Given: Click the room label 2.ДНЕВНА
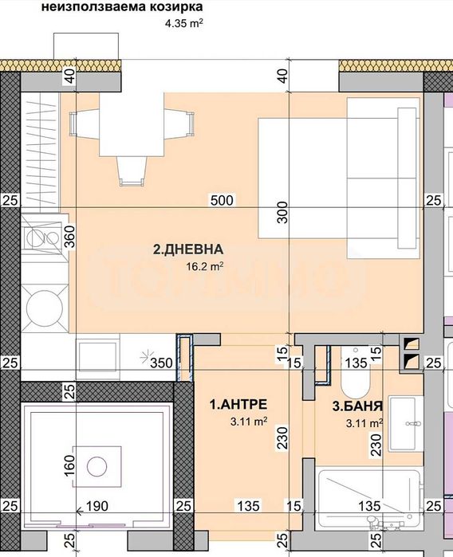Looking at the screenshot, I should [188, 250].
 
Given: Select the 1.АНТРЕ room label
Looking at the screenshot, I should [238, 405].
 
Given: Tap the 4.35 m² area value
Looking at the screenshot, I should [183, 24].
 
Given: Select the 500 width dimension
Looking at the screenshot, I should [223, 200].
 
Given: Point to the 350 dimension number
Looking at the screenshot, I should [163, 363].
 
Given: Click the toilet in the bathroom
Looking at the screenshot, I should [356, 379].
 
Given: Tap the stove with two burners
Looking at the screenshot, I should [36, 237].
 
